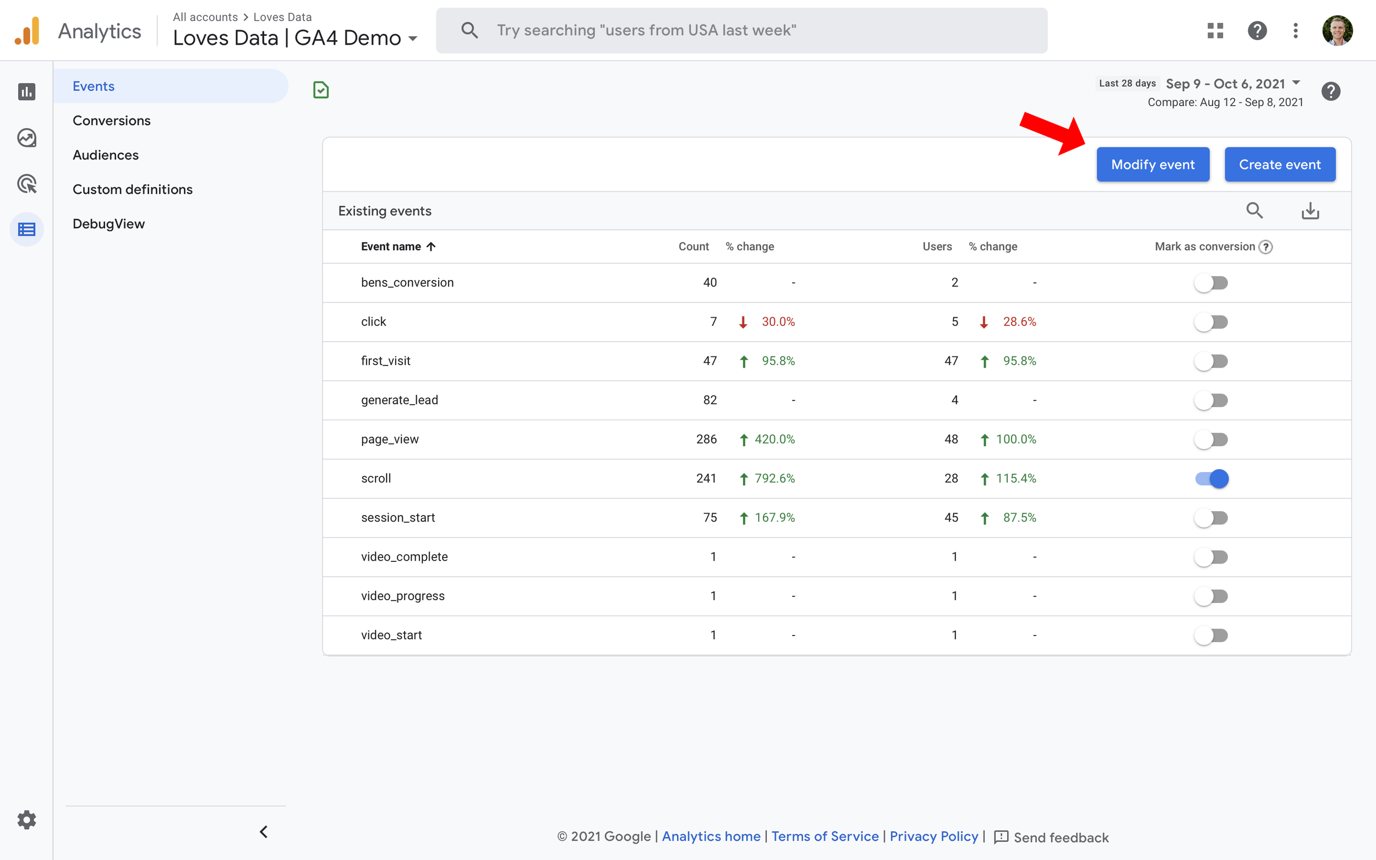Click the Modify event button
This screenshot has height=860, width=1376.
pos(1153,165)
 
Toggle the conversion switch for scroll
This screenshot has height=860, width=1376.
pos(1211,478)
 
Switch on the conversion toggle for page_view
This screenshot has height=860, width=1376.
pos(1211,439)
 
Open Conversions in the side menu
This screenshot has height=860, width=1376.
pos(112,120)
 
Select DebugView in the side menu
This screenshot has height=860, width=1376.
pos(108,223)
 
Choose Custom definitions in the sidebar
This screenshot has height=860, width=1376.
pos(133,189)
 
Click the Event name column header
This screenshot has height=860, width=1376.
pos(391,247)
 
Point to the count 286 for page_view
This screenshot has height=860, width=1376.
pos(706,439)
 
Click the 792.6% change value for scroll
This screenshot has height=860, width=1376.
pos(774,478)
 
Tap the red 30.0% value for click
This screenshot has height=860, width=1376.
pos(778,321)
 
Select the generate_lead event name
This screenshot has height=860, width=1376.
pos(400,400)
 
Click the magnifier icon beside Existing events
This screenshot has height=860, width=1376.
pos(1254,210)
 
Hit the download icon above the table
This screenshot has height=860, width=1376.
pos(1310,210)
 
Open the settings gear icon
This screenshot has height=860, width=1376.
pos(27,820)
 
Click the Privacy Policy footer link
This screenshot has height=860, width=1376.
pos(933,836)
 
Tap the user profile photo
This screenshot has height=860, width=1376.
pos(1337,30)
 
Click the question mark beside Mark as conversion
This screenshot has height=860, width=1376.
pos(1266,247)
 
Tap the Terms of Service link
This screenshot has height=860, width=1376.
pos(825,836)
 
